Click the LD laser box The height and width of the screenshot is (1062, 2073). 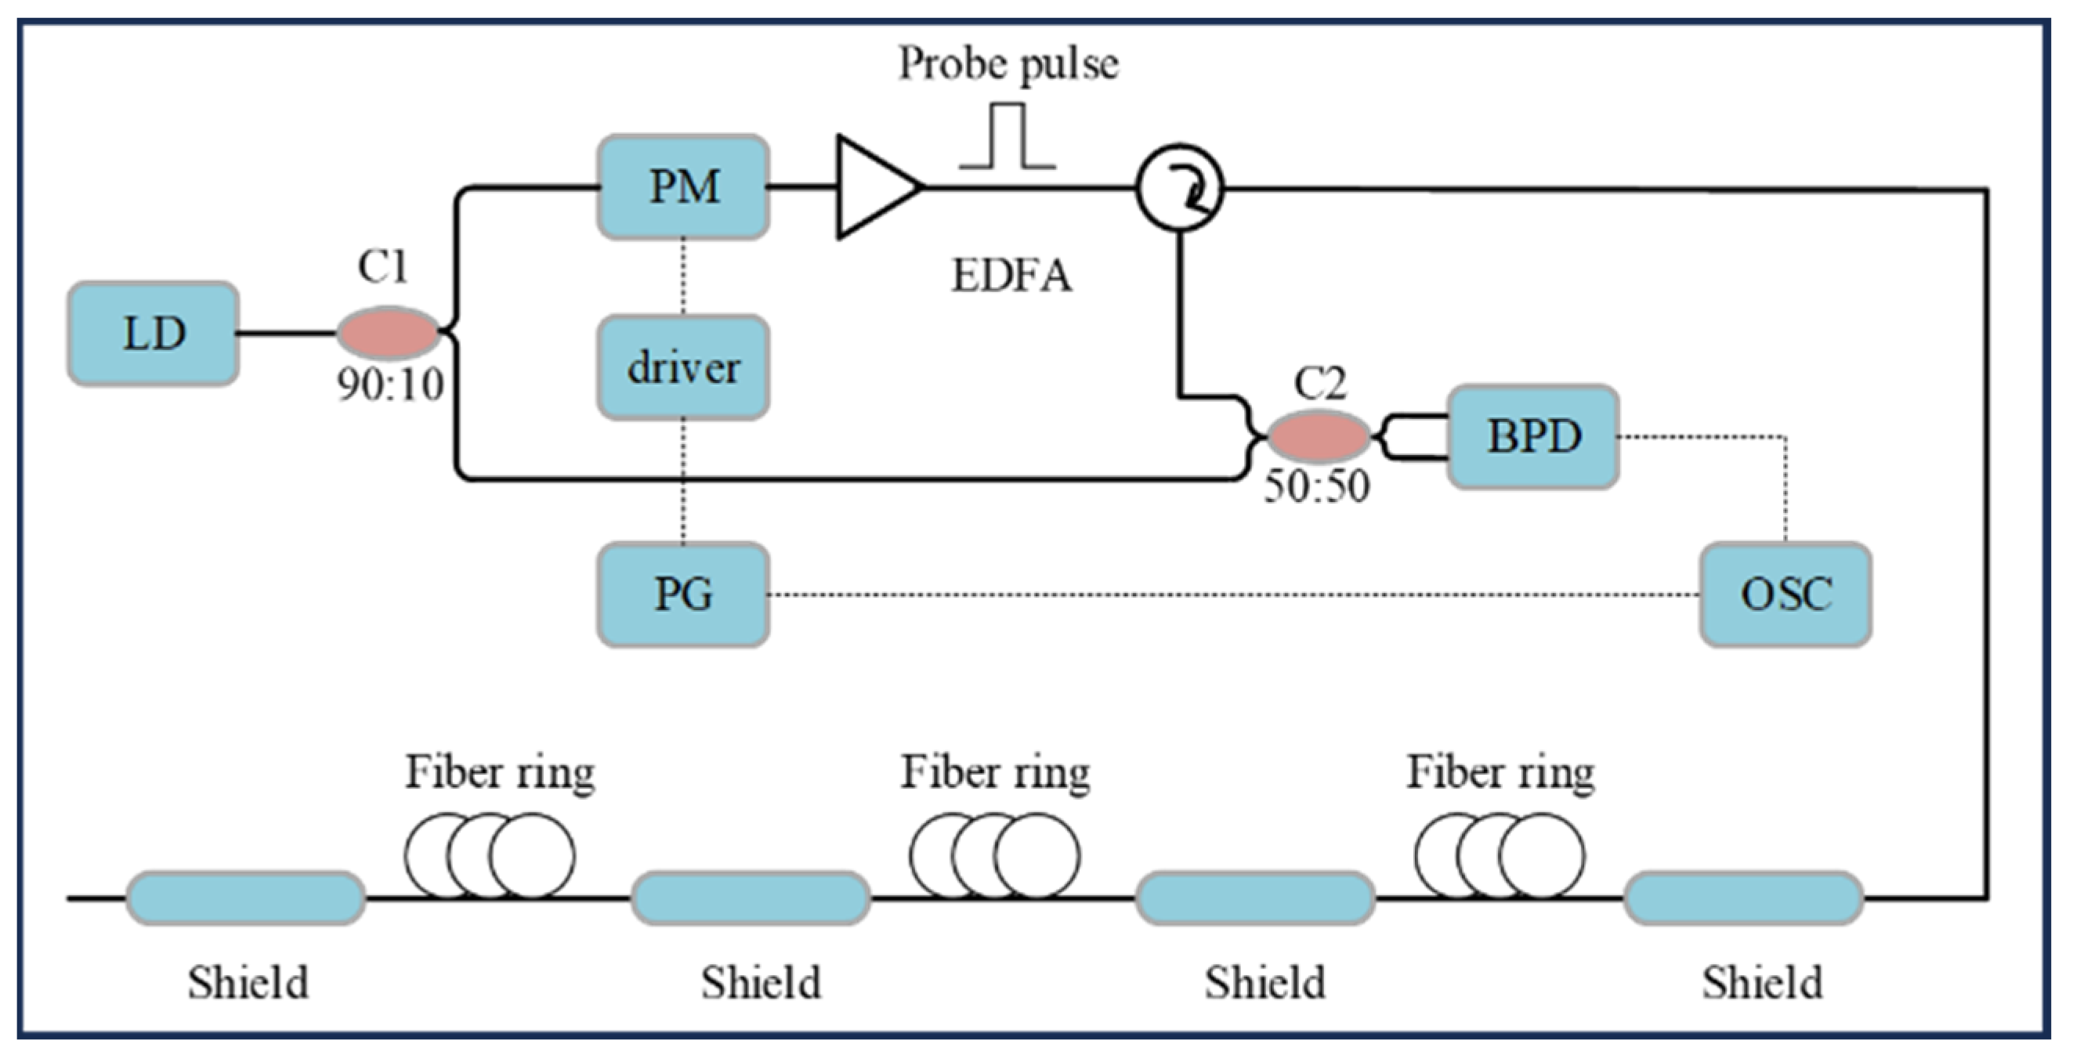[x=153, y=333]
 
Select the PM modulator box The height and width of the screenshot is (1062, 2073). [x=683, y=186]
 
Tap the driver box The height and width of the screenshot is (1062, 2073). [x=683, y=367]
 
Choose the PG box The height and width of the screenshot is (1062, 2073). [x=683, y=594]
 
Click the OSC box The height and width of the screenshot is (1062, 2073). [x=1785, y=594]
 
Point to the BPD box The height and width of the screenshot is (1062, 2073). [x=1533, y=437]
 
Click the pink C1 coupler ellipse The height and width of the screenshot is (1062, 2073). [x=388, y=332]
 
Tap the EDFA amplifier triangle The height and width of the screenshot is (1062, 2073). [x=873, y=186]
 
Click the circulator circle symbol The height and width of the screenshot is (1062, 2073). [x=1180, y=188]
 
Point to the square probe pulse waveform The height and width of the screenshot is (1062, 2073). [x=1007, y=137]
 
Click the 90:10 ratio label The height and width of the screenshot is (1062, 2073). [x=390, y=385]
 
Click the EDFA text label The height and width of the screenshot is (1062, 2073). [x=1011, y=276]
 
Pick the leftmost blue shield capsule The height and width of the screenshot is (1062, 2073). [x=245, y=898]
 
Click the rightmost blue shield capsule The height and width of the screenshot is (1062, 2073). [x=1743, y=898]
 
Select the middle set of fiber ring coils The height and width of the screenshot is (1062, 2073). [x=995, y=855]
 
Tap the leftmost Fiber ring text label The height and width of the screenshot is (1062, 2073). [x=500, y=772]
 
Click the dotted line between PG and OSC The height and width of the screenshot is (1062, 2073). [x=1232, y=595]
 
